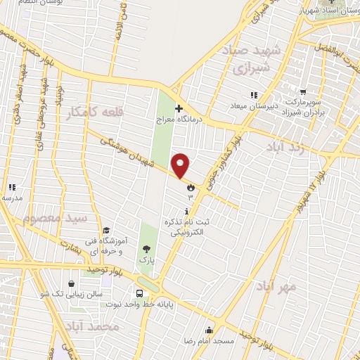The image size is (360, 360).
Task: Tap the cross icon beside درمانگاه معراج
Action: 179,108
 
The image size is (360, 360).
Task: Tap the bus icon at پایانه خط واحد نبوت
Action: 139,293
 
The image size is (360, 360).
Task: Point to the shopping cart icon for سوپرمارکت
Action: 303,91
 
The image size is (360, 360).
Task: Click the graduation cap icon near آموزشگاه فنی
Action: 105,230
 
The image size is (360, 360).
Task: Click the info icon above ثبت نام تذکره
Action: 186,212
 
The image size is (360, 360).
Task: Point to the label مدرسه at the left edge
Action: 12,198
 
